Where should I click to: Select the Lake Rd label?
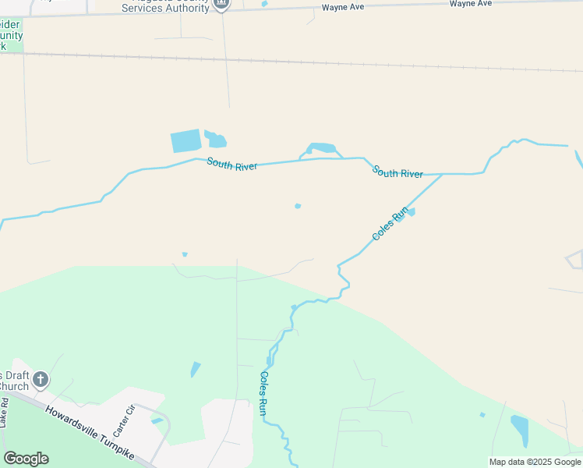point(5,413)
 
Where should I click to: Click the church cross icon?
point(41,381)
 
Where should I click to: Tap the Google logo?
point(26,458)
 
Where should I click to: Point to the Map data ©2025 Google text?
point(535,462)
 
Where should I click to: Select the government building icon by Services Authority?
point(221,5)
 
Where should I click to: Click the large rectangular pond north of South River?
point(185,141)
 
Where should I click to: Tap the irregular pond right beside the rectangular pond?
point(215,140)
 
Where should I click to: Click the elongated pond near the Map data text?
point(519,430)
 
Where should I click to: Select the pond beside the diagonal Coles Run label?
point(411,211)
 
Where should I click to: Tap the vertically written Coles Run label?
point(264,392)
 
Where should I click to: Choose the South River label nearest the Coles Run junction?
point(397,172)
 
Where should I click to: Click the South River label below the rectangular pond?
point(231,165)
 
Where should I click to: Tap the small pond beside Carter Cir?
point(157,421)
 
